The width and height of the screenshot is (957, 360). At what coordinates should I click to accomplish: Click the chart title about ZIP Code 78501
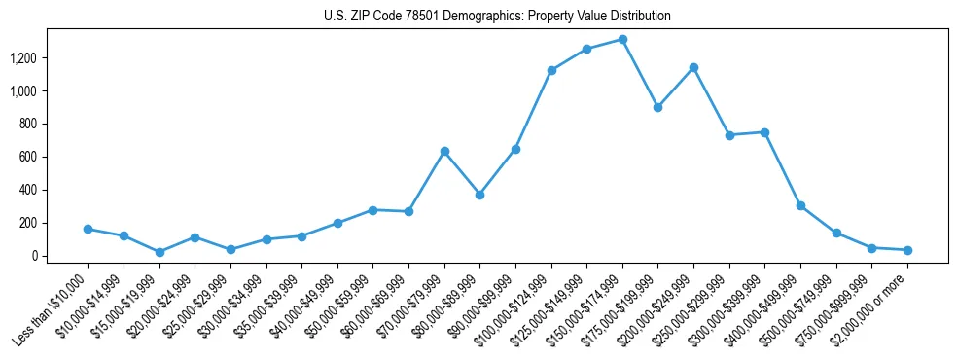pos(497,17)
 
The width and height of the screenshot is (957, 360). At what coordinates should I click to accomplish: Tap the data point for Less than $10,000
pos(88,229)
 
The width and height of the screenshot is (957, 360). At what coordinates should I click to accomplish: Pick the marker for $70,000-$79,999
pos(444,151)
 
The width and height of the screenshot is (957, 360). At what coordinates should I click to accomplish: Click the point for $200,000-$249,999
pos(693,67)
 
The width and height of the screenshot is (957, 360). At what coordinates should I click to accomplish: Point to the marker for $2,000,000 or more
pos(907,250)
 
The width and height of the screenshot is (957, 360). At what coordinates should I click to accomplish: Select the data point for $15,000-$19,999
pos(159,252)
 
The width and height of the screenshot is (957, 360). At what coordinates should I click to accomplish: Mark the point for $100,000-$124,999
pos(551,70)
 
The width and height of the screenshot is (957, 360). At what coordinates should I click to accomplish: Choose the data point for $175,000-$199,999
pos(658,107)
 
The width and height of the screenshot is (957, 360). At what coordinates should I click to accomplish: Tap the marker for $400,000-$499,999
pos(800,205)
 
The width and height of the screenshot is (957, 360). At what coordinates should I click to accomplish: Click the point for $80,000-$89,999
pos(479,195)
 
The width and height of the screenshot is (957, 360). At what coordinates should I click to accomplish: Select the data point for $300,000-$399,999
pos(764,132)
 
